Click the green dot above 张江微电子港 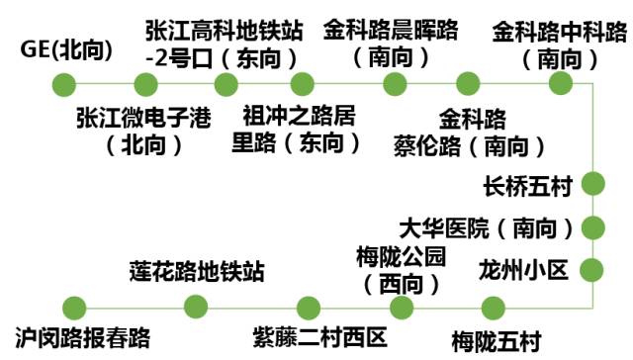145,83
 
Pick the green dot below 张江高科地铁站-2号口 226,83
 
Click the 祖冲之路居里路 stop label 300,129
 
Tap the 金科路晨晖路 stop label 391,43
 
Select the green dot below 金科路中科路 561,83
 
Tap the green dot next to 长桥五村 592,183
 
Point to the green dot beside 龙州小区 591,269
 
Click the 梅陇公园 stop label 401,270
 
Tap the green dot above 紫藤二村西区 310,307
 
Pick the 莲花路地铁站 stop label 198,270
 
